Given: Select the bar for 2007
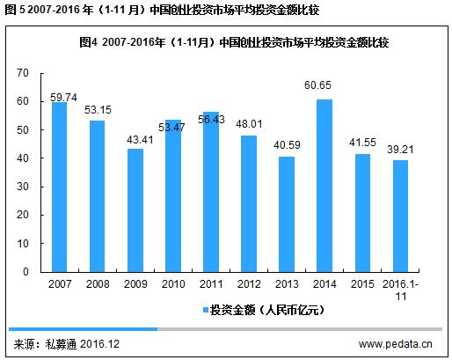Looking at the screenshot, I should click(x=59, y=187).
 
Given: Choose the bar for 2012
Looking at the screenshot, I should click(x=250, y=203).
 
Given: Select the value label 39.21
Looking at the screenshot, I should click(x=400, y=151).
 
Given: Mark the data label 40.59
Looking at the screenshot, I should click(x=288, y=148).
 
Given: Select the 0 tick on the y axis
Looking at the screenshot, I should click(x=29, y=272).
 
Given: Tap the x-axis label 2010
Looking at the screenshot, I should click(x=173, y=284).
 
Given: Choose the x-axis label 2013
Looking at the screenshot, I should click(x=288, y=284).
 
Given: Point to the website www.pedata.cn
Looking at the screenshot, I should click(x=396, y=343).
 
